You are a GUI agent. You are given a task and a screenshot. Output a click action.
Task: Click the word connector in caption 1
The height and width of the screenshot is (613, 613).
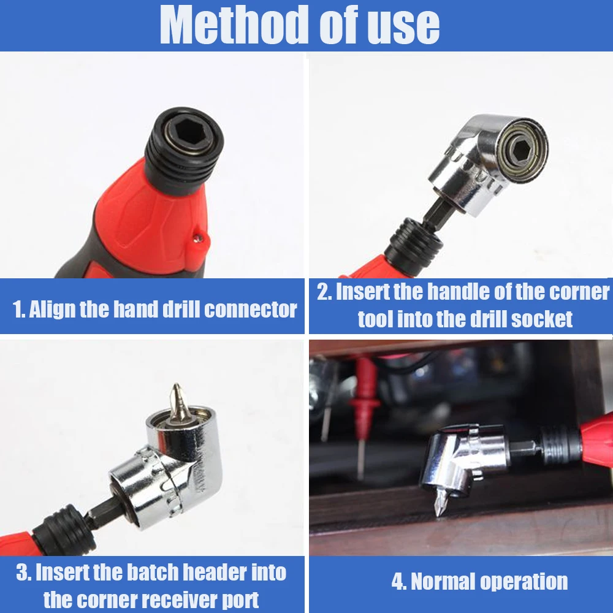pos(251,309)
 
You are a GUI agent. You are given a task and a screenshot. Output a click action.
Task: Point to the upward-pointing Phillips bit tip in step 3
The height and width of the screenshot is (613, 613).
pos(177,400)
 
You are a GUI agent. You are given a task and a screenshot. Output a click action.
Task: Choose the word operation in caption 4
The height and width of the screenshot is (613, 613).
pos(524,582)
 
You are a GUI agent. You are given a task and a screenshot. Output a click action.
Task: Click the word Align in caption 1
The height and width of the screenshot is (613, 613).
pos(52,309)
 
